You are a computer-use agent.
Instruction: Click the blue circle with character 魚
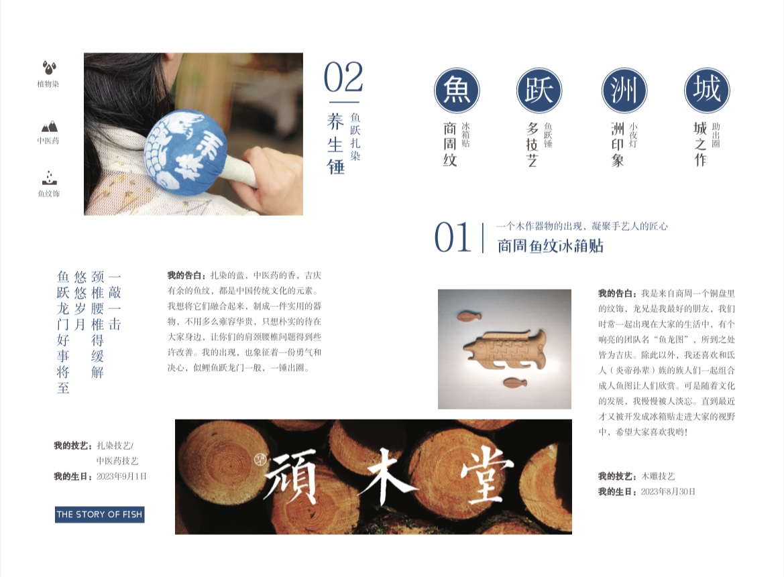457,90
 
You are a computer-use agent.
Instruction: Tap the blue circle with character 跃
539,90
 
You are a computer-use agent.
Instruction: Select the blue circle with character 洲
624,90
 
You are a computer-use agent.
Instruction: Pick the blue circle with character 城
707,90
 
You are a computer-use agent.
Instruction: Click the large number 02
343,78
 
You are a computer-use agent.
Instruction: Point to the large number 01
453,237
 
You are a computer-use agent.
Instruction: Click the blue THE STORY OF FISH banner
99,515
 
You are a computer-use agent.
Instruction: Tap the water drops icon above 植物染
48,68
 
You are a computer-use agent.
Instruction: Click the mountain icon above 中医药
49,126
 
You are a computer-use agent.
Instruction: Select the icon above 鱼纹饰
49,178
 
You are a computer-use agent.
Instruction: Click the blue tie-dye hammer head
185,151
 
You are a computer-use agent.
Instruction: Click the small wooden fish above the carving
469,316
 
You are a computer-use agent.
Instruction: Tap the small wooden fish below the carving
514,382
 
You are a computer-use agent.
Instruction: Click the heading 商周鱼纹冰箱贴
550,246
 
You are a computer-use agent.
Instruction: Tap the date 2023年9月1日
121,476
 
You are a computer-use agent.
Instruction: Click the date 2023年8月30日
668,492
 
